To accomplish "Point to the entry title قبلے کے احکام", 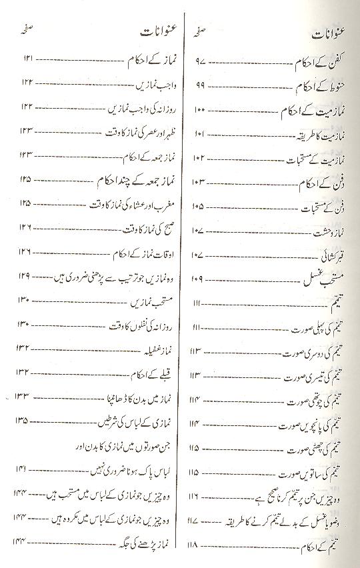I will pos(151,372).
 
